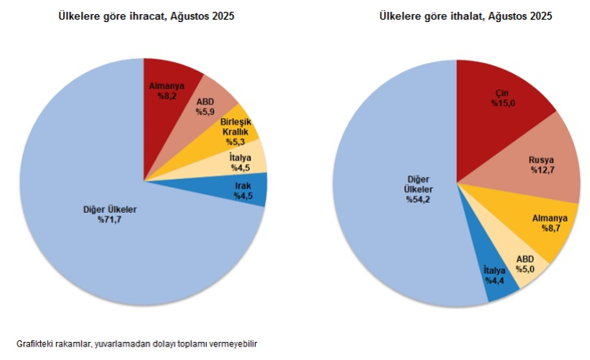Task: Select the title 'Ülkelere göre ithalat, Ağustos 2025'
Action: click(466, 16)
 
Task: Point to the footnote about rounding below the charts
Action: click(137, 344)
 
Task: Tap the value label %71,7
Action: click(110, 219)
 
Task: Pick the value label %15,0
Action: click(503, 103)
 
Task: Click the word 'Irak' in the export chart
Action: click(243, 186)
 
